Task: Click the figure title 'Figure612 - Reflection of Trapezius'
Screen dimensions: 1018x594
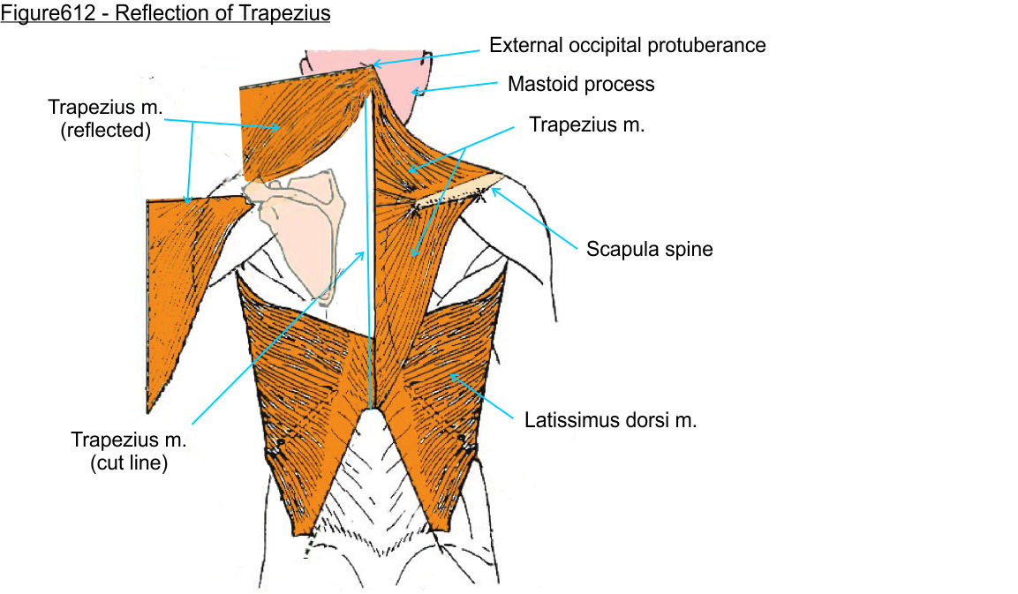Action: point(165,13)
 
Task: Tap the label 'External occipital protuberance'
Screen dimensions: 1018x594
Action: point(627,45)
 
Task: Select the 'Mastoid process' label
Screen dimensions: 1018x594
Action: point(581,85)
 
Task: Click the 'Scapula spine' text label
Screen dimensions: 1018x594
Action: point(649,249)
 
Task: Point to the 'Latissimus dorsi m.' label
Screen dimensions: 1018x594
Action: point(610,421)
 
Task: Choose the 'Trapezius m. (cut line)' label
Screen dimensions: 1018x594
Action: point(129,451)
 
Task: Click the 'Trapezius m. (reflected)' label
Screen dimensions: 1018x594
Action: point(105,119)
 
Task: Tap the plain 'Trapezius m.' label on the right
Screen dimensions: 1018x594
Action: point(587,124)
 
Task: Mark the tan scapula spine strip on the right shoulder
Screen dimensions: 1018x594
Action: point(457,191)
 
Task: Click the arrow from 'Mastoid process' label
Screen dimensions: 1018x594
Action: point(455,87)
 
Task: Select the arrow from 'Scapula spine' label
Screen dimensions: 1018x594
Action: point(533,218)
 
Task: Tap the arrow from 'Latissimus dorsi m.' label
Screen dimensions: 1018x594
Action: point(482,396)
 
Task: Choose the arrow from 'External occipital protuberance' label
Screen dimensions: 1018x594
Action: point(426,57)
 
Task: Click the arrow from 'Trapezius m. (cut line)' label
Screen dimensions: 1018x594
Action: point(278,338)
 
